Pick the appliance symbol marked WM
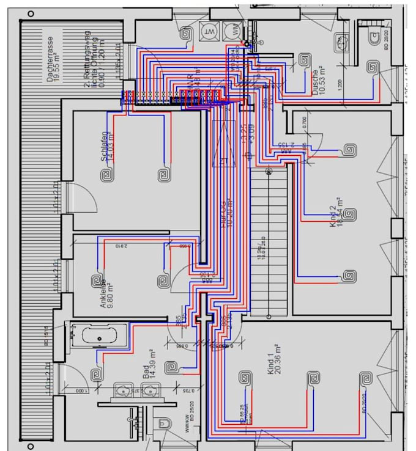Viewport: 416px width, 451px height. [232, 31]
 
